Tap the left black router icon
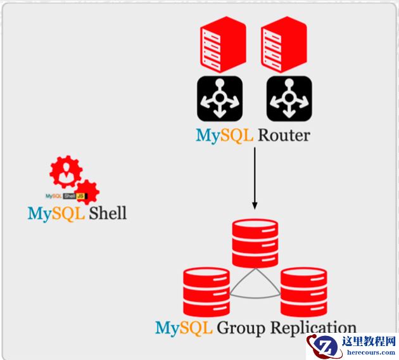(220, 98)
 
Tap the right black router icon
(289, 98)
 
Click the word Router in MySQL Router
(283, 135)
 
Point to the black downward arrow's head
(255, 205)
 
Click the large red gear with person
(66, 172)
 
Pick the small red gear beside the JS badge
(87, 191)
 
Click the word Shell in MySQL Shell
(107, 213)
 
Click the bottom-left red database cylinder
(206, 292)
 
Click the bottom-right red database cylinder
(303, 292)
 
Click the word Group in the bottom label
(240, 328)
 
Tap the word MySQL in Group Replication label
(184, 328)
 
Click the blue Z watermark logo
(324, 347)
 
